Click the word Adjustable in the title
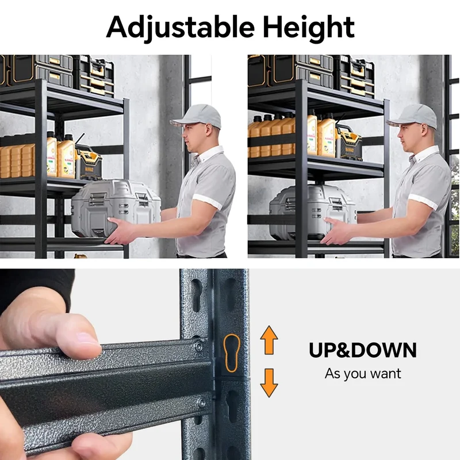(x=180, y=28)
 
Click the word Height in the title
(x=308, y=28)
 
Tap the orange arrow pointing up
(x=269, y=340)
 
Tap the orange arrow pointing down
(x=269, y=383)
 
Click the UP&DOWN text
(x=363, y=350)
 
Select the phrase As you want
(x=363, y=374)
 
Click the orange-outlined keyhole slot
(x=232, y=353)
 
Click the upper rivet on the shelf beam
(x=198, y=347)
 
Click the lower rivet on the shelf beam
(x=202, y=402)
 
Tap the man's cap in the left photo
(x=196, y=116)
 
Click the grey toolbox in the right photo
(x=312, y=210)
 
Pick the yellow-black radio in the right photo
(x=348, y=142)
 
